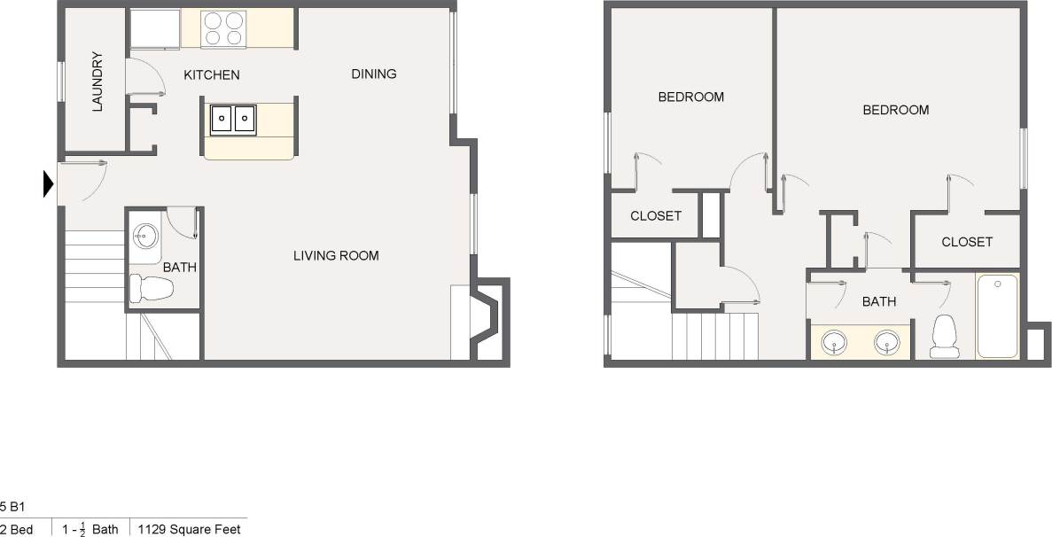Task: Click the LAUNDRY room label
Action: (x=97, y=82)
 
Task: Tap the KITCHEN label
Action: (x=211, y=75)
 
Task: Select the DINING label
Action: (x=373, y=74)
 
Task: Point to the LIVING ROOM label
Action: (x=336, y=256)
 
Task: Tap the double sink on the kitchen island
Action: (x=233, y=119)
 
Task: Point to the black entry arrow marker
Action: (x=49, y=183)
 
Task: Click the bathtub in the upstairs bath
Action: (x=997, y=316)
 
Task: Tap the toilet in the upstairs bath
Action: (x=945, y=337)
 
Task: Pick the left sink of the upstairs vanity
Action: (x=834, y=341)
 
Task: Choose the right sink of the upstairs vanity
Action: (x=888, y=341)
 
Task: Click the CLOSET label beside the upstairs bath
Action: (x=967, y=242)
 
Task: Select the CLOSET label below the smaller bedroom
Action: (x=656, y=216)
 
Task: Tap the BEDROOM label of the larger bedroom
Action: (x=896, y=110)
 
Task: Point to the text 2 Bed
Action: (x=17, y=529)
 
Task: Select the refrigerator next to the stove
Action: (x=155, y=29)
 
